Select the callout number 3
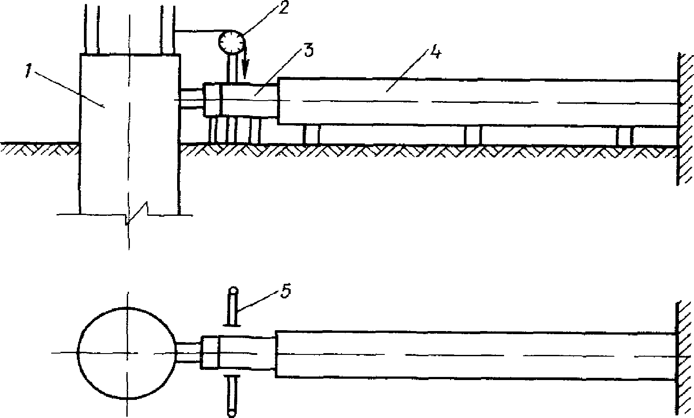click(x=308, y=50)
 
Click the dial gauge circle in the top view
click(x=231, y=42)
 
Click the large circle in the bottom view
click(x=127, y=352)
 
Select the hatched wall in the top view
click(x=685, y=119)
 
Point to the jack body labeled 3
click(x=250, y=100)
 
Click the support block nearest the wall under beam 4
click(x=625, y=136)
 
